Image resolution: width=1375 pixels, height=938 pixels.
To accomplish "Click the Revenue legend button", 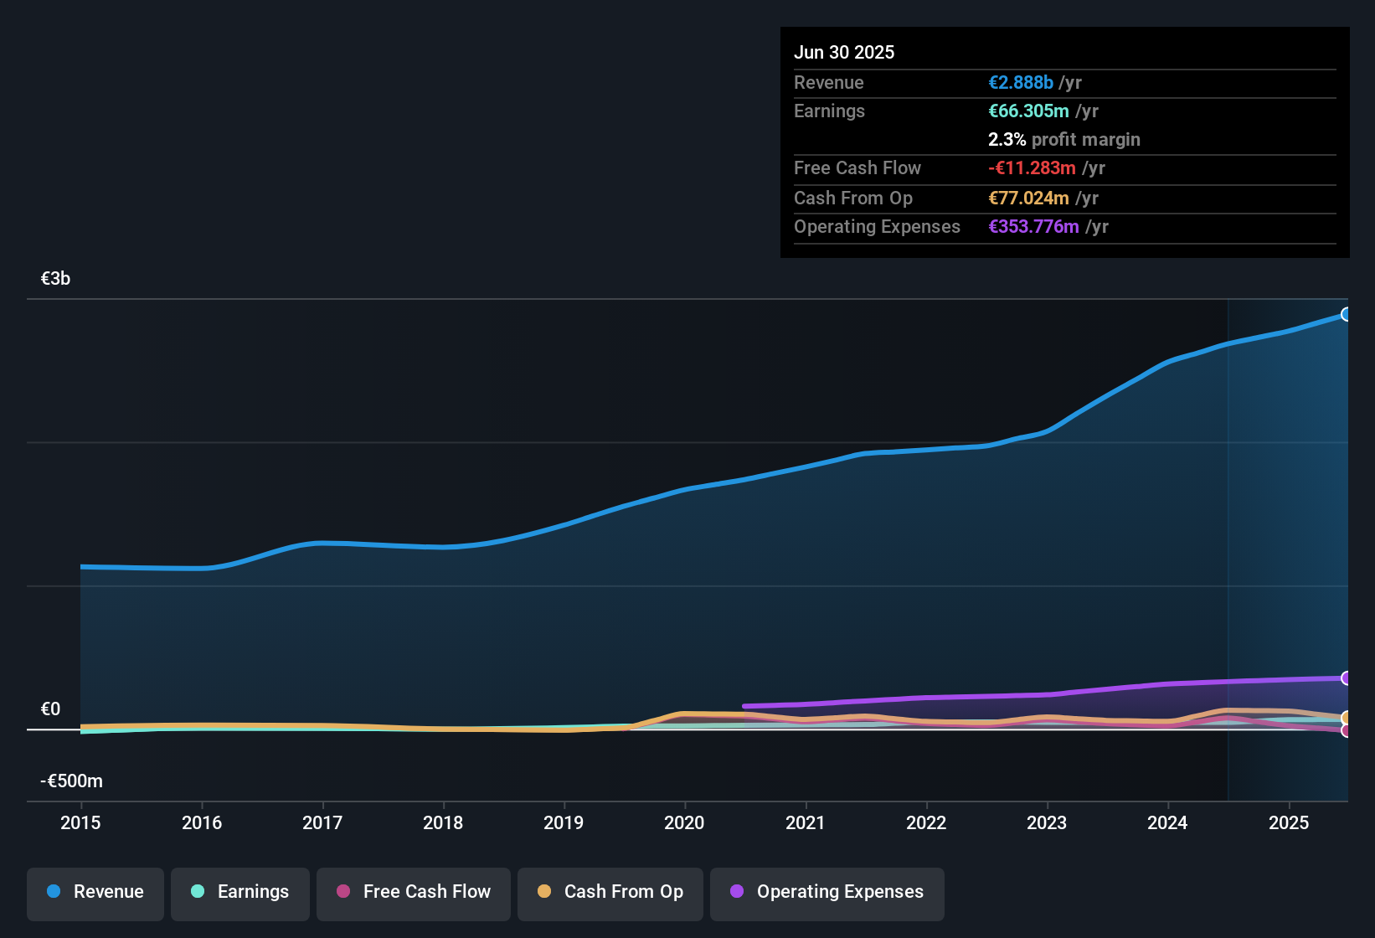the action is [x=95, y=892].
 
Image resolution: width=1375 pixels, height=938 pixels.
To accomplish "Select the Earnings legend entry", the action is [x=240, y=892].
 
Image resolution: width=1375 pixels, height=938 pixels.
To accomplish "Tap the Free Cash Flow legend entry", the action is [x=414, y=892].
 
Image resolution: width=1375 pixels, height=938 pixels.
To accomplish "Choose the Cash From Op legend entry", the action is [x=610, y=892].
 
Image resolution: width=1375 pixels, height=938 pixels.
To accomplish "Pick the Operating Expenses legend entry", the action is [x=827, y=892].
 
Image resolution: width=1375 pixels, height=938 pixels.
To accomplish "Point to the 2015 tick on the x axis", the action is [x=80, y=822].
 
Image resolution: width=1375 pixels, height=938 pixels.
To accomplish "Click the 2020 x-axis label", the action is [x=684, y=822].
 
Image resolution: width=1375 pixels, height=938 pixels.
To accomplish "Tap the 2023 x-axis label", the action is [x=1047, y=822].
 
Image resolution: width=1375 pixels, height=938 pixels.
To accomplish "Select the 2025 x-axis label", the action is [x=1289, y=822].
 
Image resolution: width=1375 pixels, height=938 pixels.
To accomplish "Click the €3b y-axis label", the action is [x=56, y=279].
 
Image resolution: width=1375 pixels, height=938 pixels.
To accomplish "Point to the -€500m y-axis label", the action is [x=72, y=781].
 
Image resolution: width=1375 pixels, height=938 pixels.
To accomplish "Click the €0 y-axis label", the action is [x=51, y=709].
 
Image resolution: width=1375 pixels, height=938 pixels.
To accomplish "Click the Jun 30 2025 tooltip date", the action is [x=844, y=53].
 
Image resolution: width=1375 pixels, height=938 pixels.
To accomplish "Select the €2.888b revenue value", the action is [x=1021, y=83].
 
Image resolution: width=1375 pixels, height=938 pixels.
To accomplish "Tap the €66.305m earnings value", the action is [x=1028, y=111].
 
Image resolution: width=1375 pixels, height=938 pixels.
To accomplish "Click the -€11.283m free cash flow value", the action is [x=1032, y=168].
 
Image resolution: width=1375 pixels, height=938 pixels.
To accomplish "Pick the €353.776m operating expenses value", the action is [x=1033, y=227].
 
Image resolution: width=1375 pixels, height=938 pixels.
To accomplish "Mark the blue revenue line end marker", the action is [x=1347, y=315].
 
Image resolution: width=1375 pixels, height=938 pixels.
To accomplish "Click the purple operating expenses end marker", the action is [x=1347, y=678].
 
